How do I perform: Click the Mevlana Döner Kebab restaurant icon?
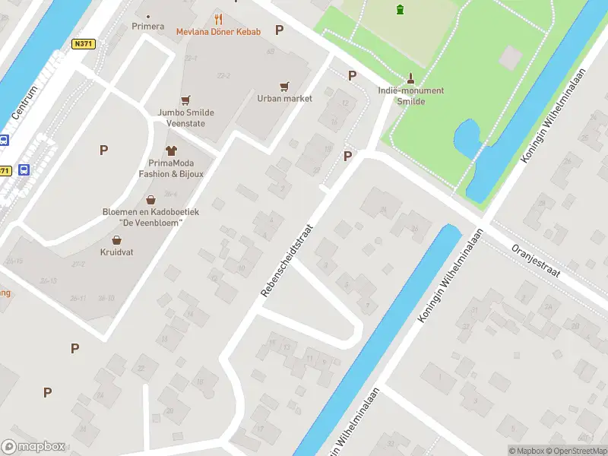218,19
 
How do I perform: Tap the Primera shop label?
147,26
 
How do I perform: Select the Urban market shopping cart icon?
285,86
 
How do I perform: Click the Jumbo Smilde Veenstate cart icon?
185,100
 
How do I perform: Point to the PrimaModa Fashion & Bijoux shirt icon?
171,150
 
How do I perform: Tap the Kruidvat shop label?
116,252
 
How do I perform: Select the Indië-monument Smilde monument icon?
411,78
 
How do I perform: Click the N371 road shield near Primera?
83,45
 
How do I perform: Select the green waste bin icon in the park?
401,9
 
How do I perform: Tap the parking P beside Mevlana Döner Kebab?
279,30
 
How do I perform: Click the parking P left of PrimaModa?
103,150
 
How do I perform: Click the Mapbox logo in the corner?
33,447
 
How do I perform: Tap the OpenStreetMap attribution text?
578,451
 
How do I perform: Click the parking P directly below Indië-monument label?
347,156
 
